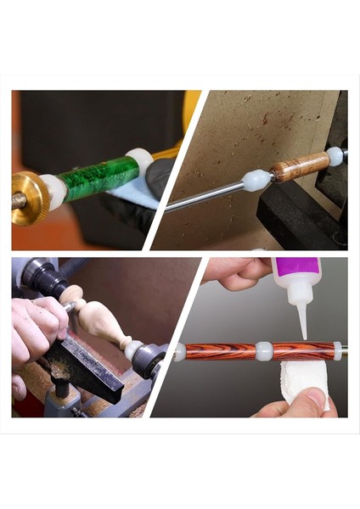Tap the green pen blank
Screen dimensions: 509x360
click(97, 179)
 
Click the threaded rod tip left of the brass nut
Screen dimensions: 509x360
click(15, 202)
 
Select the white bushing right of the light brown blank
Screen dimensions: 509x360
click(335, 155)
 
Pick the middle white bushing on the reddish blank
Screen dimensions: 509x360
click(264, 350)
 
